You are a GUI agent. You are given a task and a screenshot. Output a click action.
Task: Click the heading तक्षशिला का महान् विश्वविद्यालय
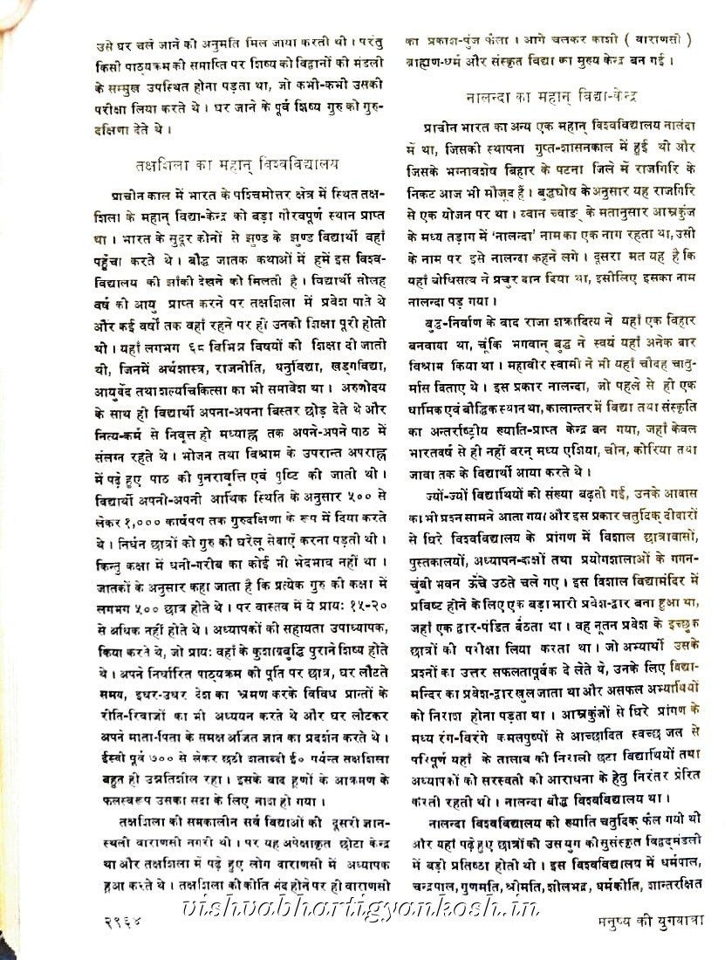[x=237, y=163]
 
